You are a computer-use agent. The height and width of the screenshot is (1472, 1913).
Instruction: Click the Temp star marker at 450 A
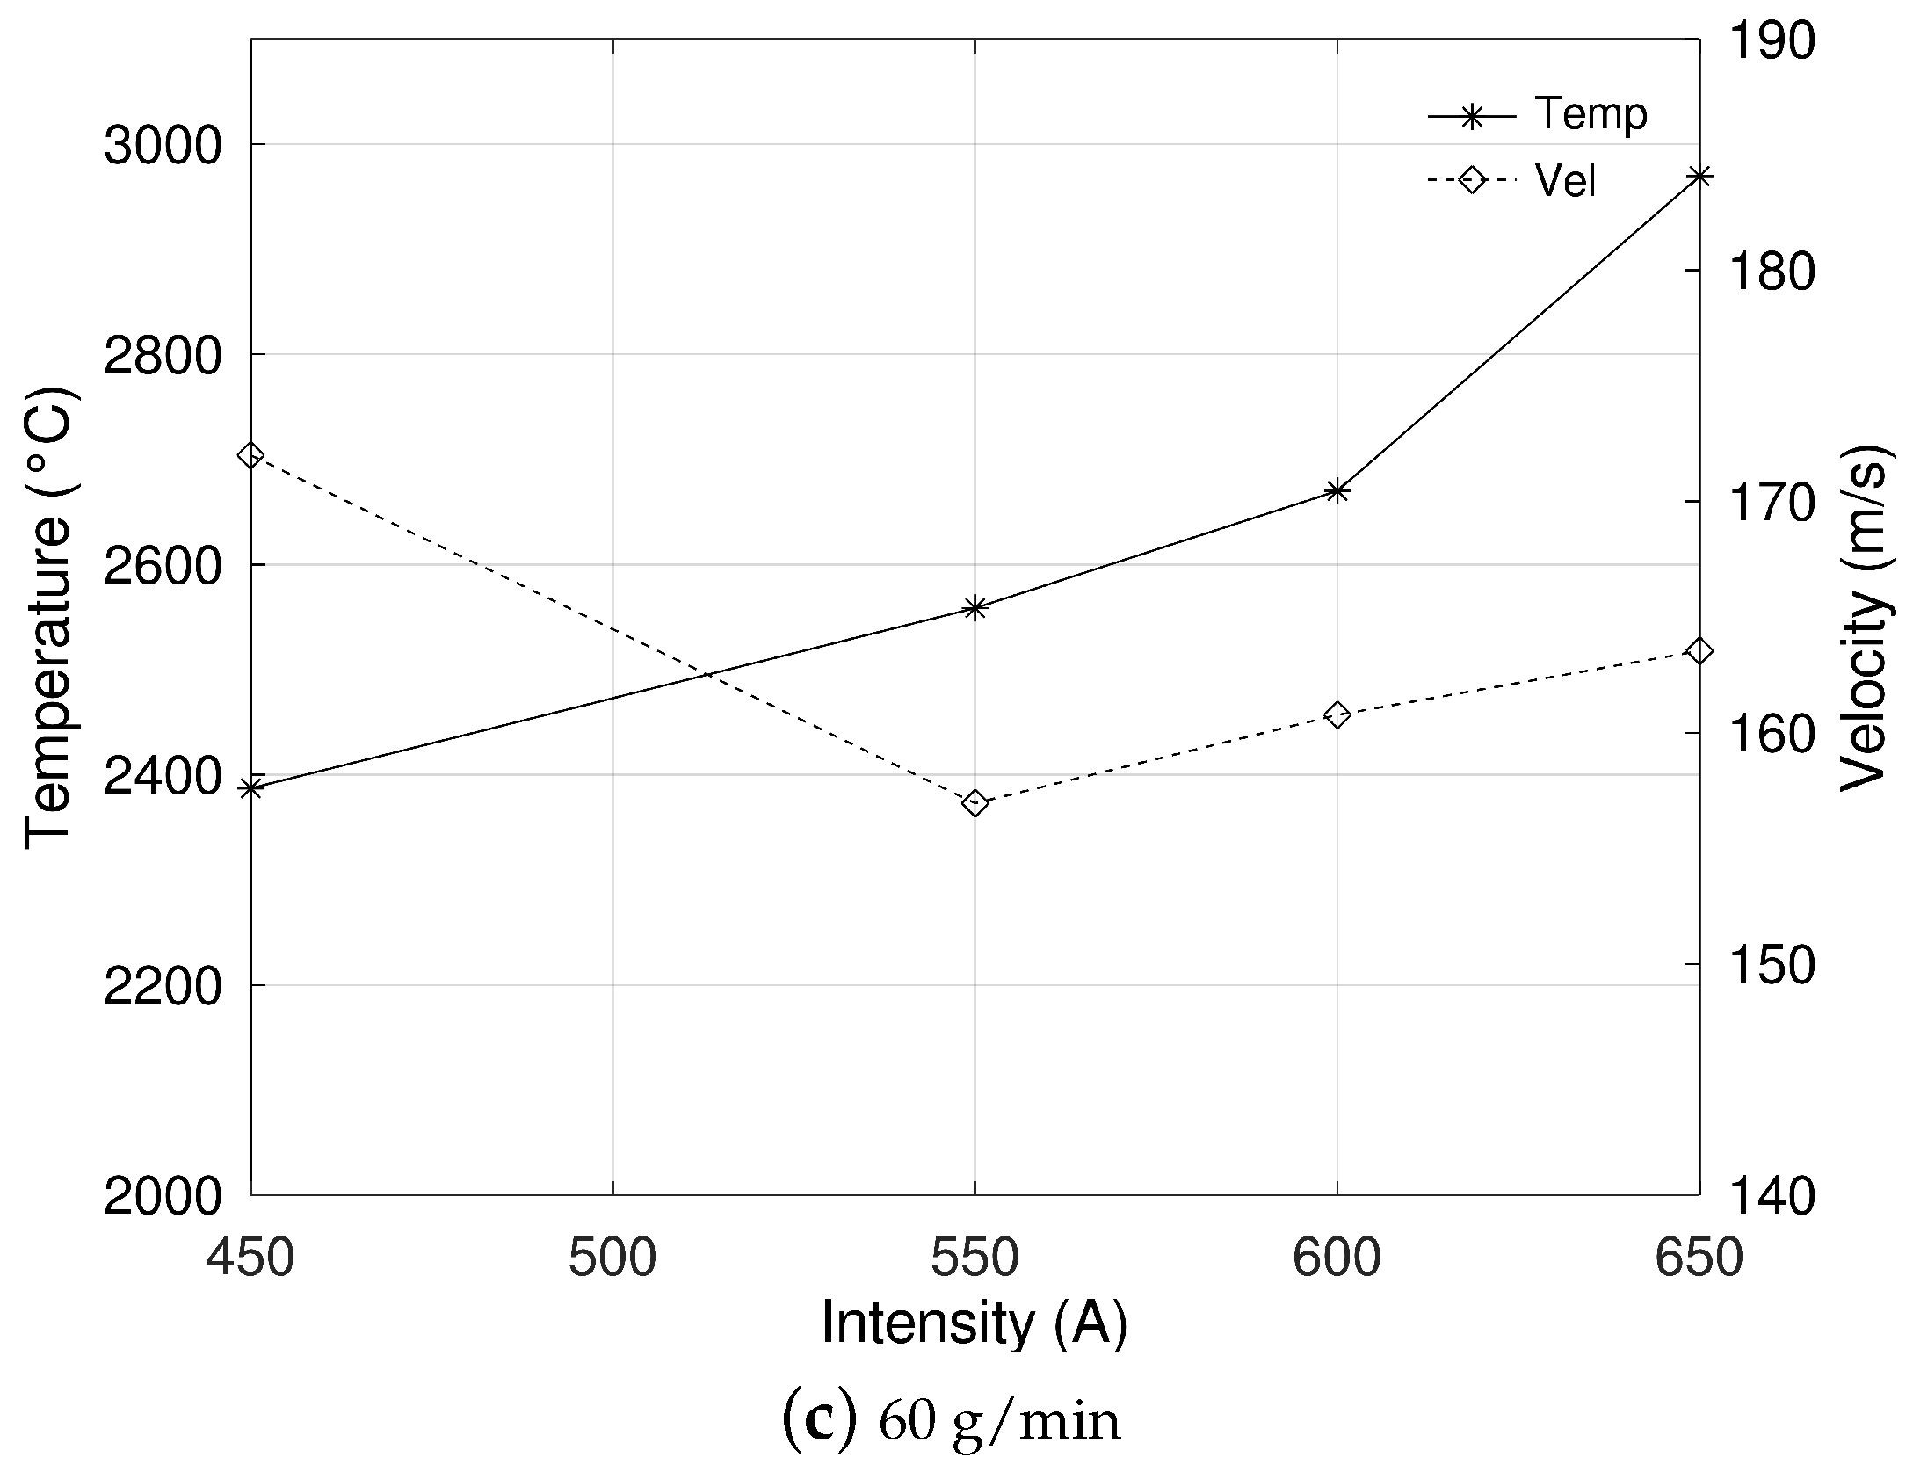click(251, 787)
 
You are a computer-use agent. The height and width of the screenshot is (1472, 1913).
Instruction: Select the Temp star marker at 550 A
click(975, 607)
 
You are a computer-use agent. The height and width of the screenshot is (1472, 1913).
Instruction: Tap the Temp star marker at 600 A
click(1337, 491)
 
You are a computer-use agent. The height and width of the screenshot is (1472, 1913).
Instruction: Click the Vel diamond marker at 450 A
click(251, 456)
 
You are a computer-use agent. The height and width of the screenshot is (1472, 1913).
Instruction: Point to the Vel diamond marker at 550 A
click(975, 802)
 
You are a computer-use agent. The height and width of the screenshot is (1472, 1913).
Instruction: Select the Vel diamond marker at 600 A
click(1337, 714)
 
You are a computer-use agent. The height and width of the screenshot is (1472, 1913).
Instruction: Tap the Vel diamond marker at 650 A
click(1699, 651)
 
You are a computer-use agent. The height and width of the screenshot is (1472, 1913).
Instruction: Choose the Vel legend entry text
click(1565, 181)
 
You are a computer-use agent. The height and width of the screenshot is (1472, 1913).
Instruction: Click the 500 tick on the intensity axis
click(612, 1258)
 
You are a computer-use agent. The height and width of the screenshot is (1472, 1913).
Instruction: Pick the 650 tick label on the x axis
click(1698, 1258)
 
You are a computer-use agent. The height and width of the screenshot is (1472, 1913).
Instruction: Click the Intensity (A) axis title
click(974, 1324)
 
